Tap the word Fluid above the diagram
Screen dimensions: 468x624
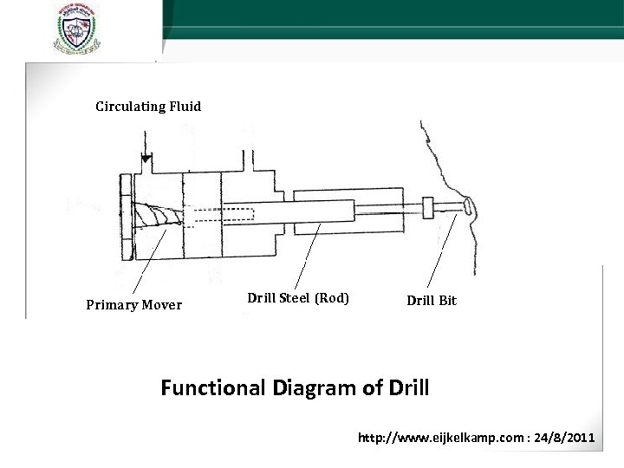point(185,107)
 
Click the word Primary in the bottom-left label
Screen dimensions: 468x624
point(110,304)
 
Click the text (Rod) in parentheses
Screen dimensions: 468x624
point(333,298)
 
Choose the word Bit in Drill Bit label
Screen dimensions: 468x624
point(446,301)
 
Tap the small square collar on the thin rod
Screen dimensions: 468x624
point(427,208)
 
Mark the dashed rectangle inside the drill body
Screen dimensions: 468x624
point(220,214)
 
